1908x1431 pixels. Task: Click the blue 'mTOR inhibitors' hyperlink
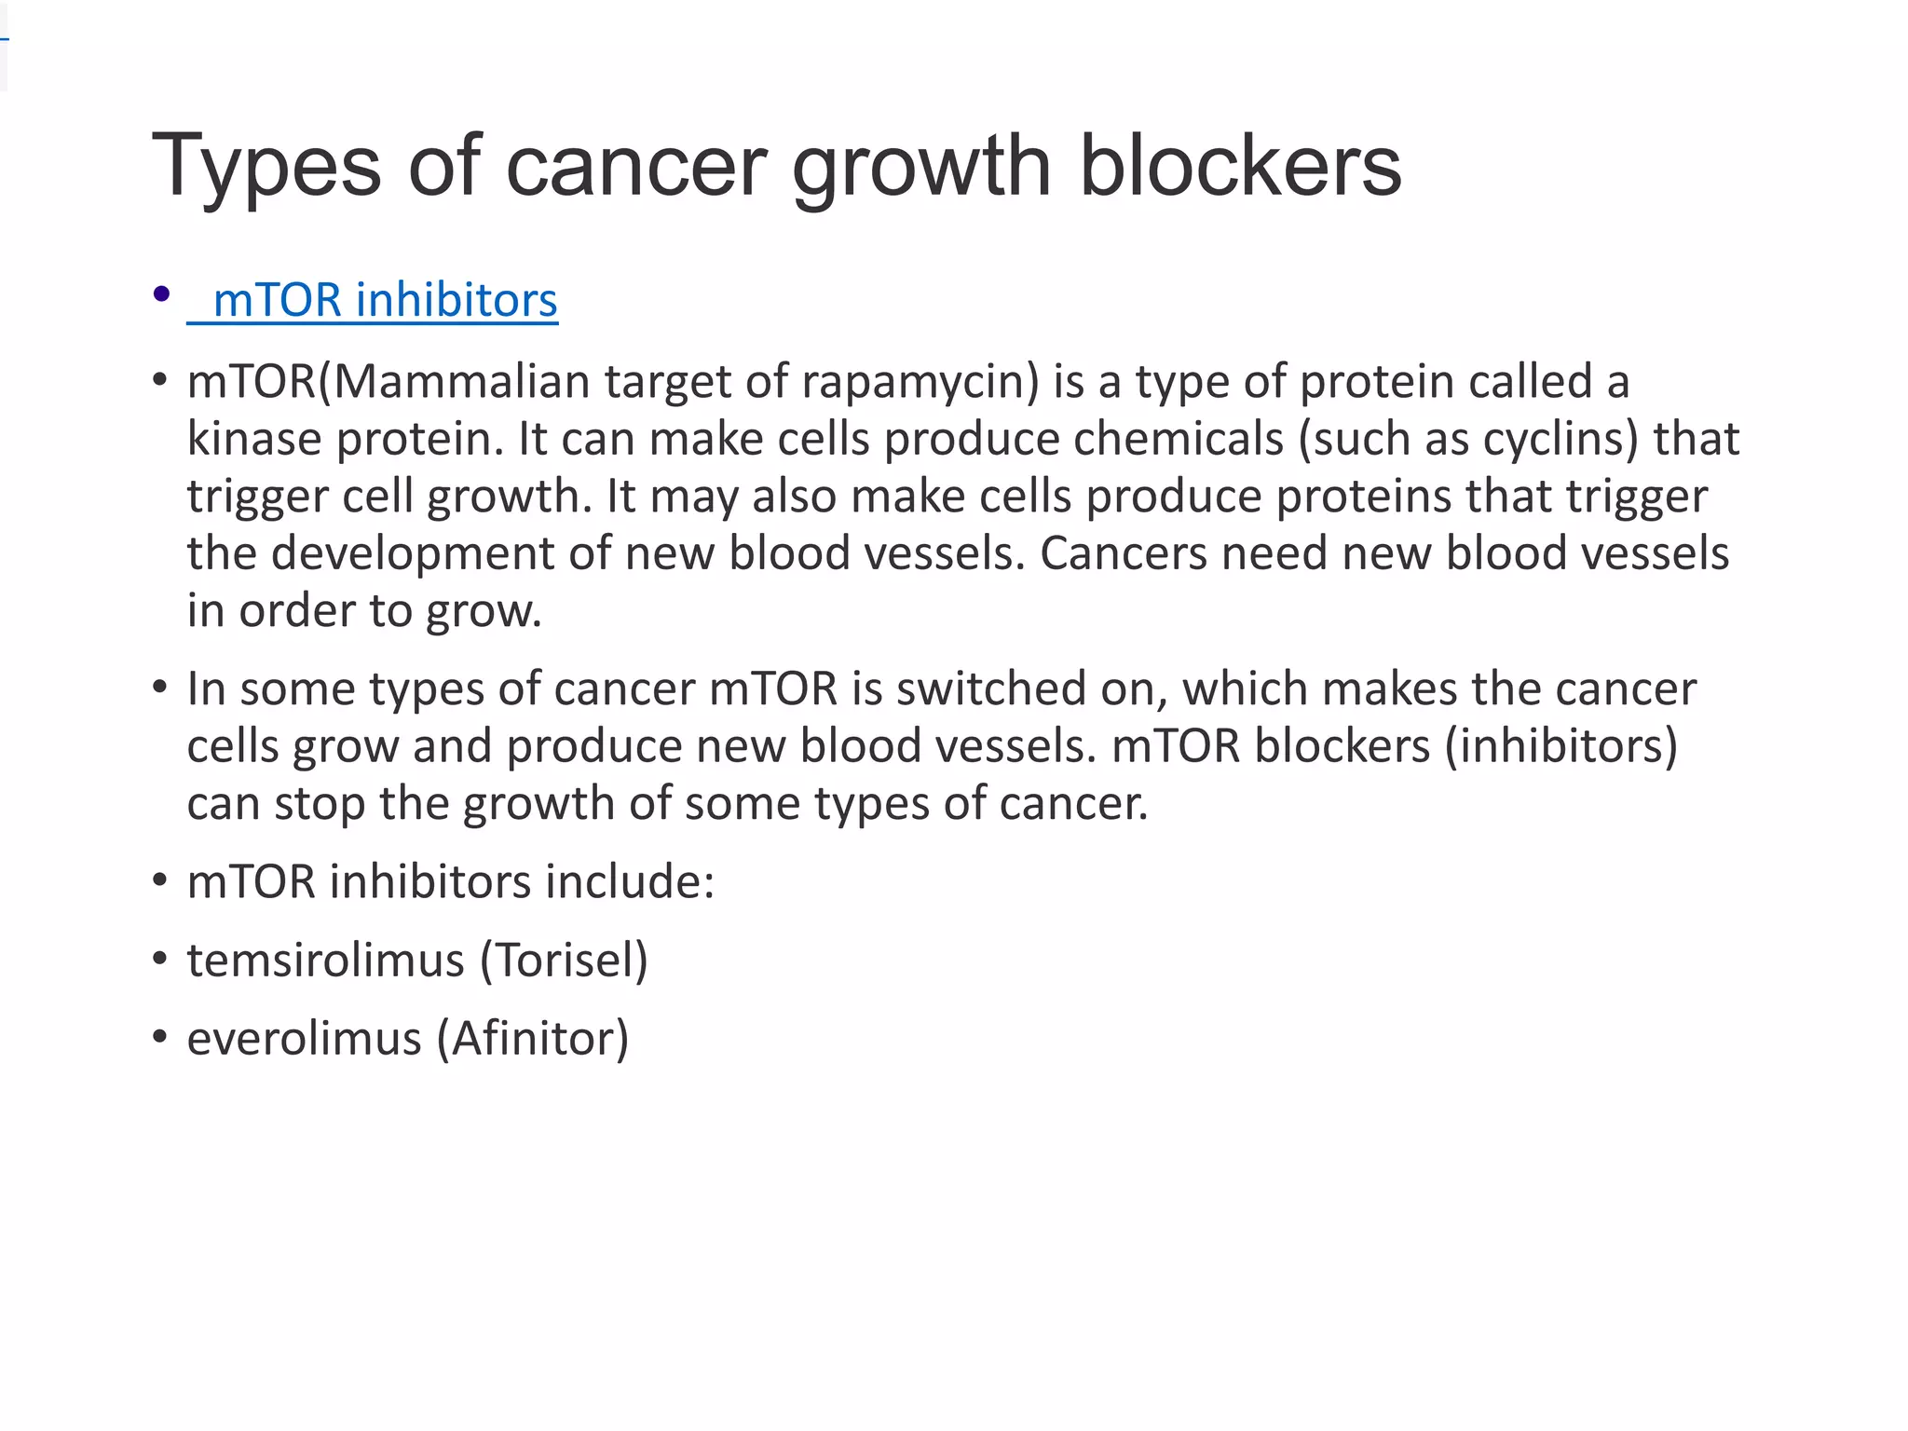(x=384, y=301)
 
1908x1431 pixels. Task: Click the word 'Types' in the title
(x=266, y=166)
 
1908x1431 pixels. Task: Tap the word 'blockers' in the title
(x=1239, y=166)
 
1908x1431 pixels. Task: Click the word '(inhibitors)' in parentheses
(x=1561, y=746)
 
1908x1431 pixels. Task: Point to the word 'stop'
(x=319, y=804)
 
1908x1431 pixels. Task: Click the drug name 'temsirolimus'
(x=325, y=961)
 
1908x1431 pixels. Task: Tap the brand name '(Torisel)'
(x=564, y=961)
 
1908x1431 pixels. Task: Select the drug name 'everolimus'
(x=304, y=1039)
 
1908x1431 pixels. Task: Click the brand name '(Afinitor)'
(x=533, y=1039)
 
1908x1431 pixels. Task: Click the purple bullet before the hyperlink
(x=161, y=294)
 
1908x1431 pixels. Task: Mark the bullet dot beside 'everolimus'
(x=160, y=1037)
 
